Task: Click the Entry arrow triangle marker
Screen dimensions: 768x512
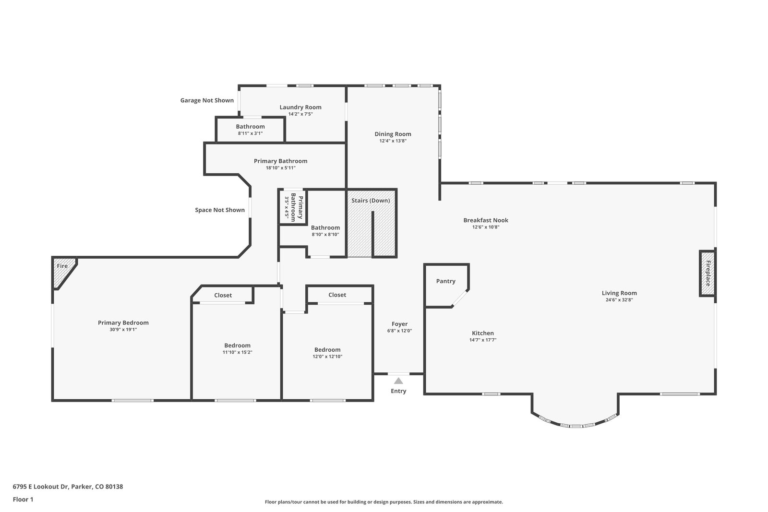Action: (398, 381)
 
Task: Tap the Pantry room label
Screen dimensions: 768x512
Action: (446, 281)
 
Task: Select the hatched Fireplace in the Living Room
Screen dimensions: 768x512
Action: (708, 274)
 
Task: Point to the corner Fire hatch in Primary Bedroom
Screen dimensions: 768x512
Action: (63, 272)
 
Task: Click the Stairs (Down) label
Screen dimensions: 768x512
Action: (371, 201)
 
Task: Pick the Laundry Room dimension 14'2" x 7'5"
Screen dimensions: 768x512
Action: (300, 114)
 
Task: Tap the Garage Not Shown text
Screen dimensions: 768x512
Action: (207, 100)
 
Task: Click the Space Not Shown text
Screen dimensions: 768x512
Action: (220, 210)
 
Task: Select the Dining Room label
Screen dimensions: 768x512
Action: (393, 134)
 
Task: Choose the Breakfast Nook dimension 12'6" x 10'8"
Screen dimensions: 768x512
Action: (486, 227)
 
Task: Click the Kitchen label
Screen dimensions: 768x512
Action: (483, 333)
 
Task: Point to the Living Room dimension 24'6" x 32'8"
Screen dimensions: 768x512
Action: (619, 300)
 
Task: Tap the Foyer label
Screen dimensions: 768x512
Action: (400, 324)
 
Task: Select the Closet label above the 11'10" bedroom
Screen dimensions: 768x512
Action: (223, 296)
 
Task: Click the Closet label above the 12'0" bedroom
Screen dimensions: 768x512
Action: (337, 295)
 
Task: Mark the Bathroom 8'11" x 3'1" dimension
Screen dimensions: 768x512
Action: (250, 133)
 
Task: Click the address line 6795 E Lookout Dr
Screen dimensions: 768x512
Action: (68, 487)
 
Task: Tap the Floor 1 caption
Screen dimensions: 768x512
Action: (23, 500)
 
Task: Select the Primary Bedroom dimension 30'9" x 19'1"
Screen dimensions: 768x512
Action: (123, 330)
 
